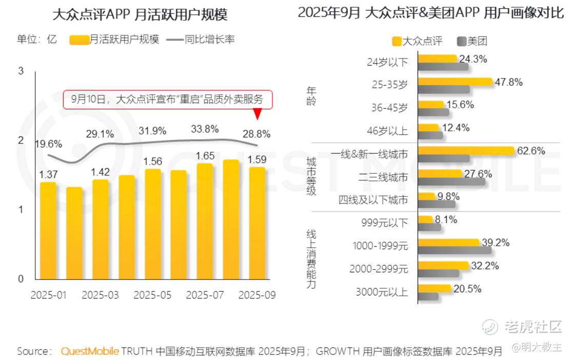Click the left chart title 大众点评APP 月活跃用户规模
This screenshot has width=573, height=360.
pyautogui.click(x=140, y=14)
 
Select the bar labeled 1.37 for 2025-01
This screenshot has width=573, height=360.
pyautogui.click(x=48, y=230)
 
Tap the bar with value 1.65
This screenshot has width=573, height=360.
pyautogui.click(x=204, y=221)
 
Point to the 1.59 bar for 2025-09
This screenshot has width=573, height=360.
pyautogui.click(x=257, y=223)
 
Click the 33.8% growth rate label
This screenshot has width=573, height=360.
pyautogui.click(x=204, y=129)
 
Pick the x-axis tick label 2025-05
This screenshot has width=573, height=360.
pyautogui.click(x=152, y=295)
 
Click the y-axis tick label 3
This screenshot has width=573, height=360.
pyautogui.click(x=21, y=71)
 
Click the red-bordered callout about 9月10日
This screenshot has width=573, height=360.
pyautogui.click(x=167, y=99)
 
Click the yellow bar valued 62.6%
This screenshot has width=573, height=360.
pyautogui.click(x=466, y=151)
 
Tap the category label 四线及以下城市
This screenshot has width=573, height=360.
pyautogui.click(x=373, y=200)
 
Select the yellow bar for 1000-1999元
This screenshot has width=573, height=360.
pyautogui.click(x=448, y=242)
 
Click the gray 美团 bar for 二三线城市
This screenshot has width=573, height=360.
pyautogui.click(x=452, y=181)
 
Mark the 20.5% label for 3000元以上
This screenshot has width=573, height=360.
pyautogui.click(x=467, y=289)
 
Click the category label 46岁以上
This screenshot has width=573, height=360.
pyautogui.click(x=388, y=131)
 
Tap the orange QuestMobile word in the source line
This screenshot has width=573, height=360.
pyautogui.click(x=90, y=351)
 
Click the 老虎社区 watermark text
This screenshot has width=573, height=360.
pyautogui.click(x=533, y=326)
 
